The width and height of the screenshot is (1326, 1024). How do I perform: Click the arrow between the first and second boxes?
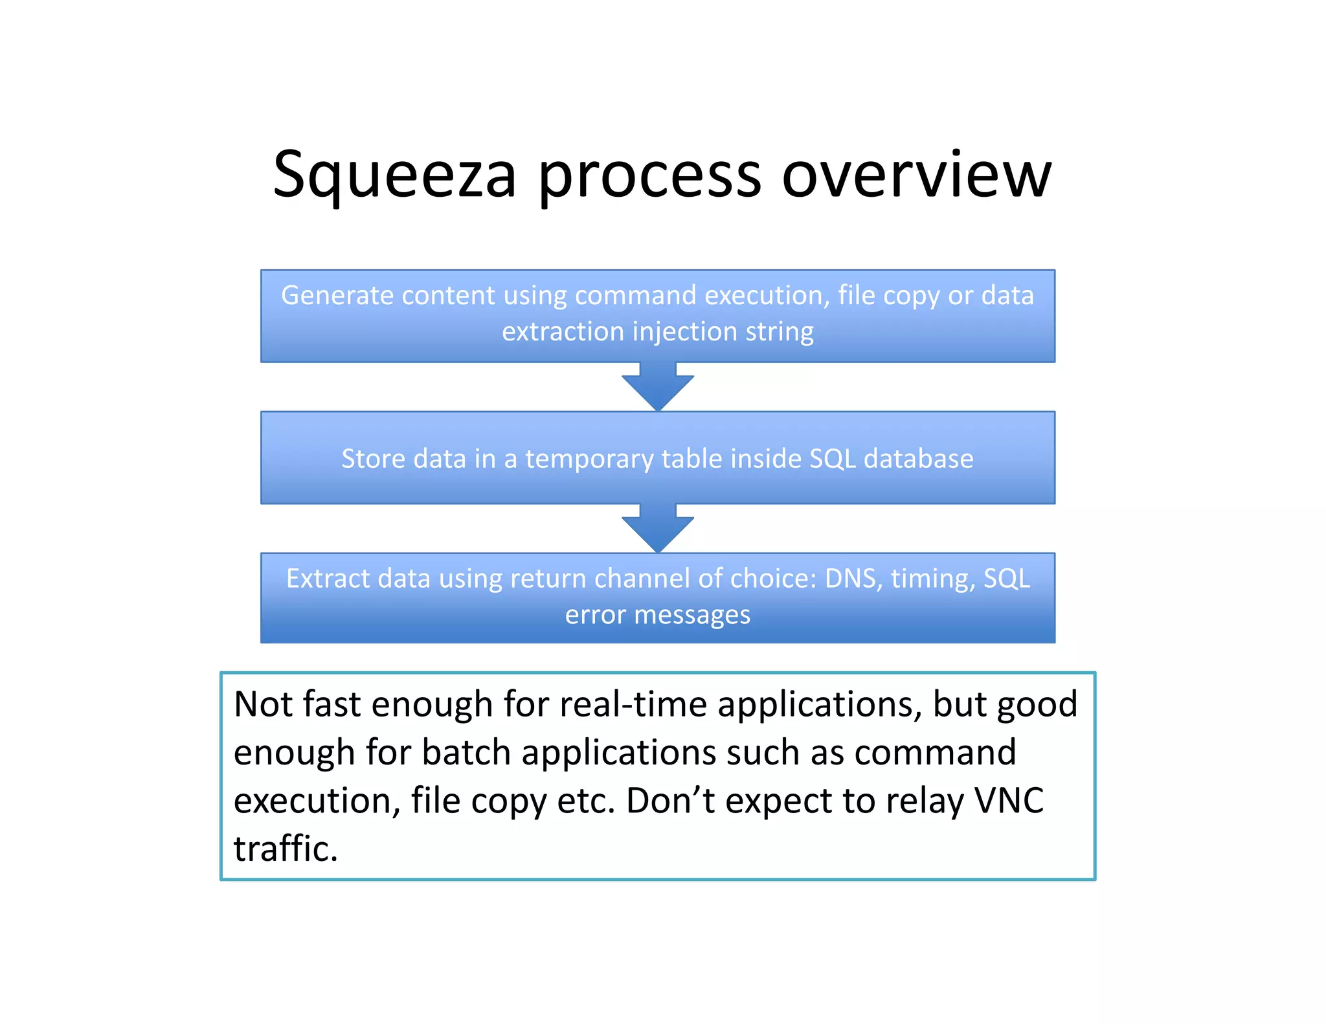pyautogui.click(x=658, y=387)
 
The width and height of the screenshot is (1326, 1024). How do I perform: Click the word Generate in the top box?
pyautogui.click(x=337, y=296)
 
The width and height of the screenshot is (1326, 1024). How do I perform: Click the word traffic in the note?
pyautogui.click(x=286, y=849)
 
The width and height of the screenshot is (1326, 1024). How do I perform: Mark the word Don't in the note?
pyautogui.click(x=671, y=801)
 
